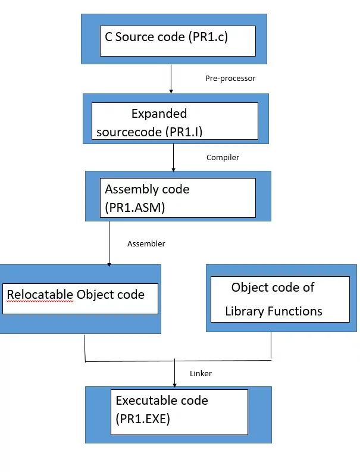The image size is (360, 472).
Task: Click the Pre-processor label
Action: [x=230, y=79]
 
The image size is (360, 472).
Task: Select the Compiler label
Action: [x=223, y=158]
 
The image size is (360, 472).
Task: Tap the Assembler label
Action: [x=146, y=244]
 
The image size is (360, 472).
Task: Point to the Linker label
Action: [x=201, y=374]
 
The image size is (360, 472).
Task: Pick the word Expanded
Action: [x=159, y=114]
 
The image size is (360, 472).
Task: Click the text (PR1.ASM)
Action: [x=134, y=208]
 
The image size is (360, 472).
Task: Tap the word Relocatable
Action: [x=40, y=295]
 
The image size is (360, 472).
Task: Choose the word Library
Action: [x=244, y=311]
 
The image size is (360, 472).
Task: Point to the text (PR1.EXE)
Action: [x=143, y=419]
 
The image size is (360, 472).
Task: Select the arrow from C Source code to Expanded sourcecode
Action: [x=171, y=79]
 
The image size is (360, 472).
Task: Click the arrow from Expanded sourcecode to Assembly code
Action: [x=173, y=157]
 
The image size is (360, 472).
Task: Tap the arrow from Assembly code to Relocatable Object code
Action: [x=109, y=244]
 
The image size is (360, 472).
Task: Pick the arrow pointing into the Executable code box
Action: [x=174, y=374]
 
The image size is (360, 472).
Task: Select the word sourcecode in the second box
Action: [x=129, y=132]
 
